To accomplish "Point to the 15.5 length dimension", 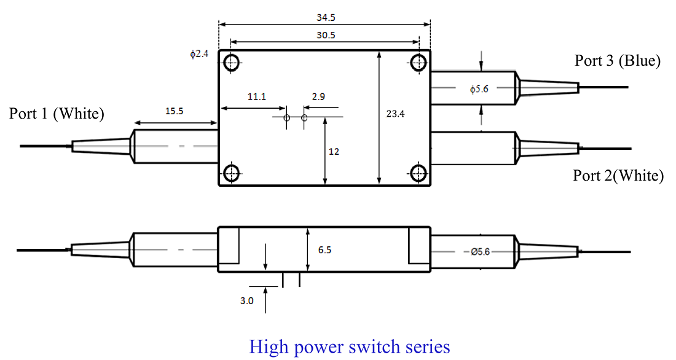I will point(175,111).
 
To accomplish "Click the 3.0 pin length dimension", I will point(246,301).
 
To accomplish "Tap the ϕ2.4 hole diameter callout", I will point(199,54).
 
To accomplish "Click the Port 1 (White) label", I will point(57,114).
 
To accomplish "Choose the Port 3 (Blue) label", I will point(618,60).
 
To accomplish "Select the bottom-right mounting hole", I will point(420,173).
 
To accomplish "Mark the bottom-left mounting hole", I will point(231,173).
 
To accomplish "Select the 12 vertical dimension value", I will point(334,151).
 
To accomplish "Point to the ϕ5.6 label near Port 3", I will point(479,90).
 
